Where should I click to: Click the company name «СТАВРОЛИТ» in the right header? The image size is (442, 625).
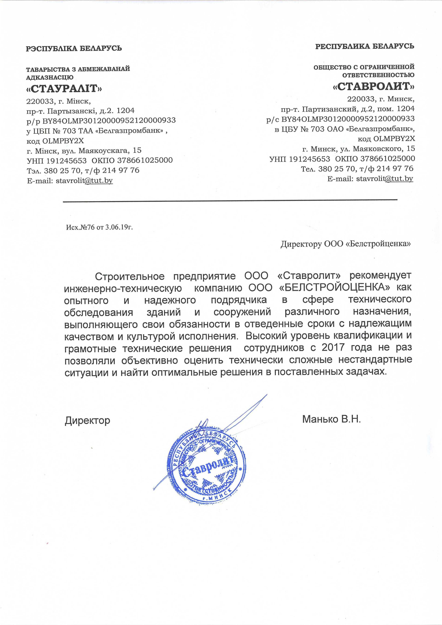pos(374,87)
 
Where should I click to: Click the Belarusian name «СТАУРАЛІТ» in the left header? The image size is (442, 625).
pos(64,88)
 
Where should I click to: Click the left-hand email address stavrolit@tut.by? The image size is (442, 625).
pos(84,181)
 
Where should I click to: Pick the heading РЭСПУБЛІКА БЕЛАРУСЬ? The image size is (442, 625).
pos(74,49)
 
